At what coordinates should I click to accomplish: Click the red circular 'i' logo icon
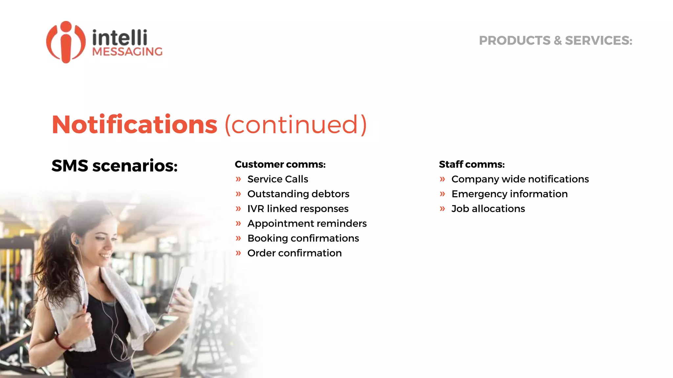click(x=66, y=42)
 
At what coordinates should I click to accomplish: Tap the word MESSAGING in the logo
click(x=127, y=52)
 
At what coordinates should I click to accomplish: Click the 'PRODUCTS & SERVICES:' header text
click(x=555, y=41)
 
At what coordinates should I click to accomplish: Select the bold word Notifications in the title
click(x=134, y=125)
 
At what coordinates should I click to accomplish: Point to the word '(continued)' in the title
click(x=295, y=125)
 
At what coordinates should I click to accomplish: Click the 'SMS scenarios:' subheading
click(x=114, y=165)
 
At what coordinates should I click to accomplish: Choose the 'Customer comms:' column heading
click(x=280, y=164)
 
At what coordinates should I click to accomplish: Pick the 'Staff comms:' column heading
click(x=472, y=164)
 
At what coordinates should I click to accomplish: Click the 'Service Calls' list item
click(x=278, y=179)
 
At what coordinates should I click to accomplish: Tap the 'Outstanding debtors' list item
click(x=298, y=194)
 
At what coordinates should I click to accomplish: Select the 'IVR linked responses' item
click(x=298, y=209)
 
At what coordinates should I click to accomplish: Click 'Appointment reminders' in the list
click(x=307, y=223)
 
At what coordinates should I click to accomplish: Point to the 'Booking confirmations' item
click(x=303, y=238)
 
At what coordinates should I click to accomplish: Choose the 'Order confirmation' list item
click(x=294, y=253)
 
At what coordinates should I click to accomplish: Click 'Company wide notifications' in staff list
click(x=520, y=179)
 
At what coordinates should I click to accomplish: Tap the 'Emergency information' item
click(x=509, y=194)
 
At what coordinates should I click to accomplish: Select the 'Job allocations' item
click(x=488, y=209)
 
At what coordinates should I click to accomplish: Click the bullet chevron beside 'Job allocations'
click(x=442, y=209)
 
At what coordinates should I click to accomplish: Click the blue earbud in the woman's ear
click(x=77, y=242)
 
